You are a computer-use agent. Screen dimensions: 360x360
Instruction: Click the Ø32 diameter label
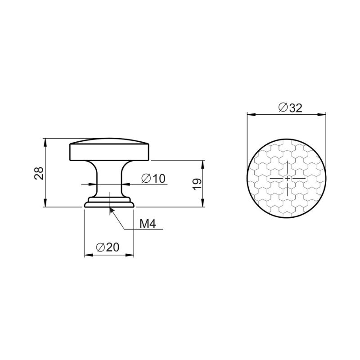click(290, 108)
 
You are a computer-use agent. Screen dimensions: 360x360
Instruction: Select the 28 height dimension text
click(39, 173)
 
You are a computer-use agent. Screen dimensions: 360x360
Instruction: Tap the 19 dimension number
click(197, 184)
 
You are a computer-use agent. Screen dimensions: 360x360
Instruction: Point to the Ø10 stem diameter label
click(153, 178)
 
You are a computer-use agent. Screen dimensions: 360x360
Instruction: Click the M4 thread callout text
click(148, 224)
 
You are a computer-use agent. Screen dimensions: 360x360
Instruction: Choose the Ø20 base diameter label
click(108, 247)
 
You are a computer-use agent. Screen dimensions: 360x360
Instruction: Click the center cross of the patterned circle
click(288, 178)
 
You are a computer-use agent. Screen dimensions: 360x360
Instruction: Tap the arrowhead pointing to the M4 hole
click(111, 210)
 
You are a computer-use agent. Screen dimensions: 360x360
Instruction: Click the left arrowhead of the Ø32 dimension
click(251, 115)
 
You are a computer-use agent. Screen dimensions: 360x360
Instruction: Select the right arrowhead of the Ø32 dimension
click(322, 115)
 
